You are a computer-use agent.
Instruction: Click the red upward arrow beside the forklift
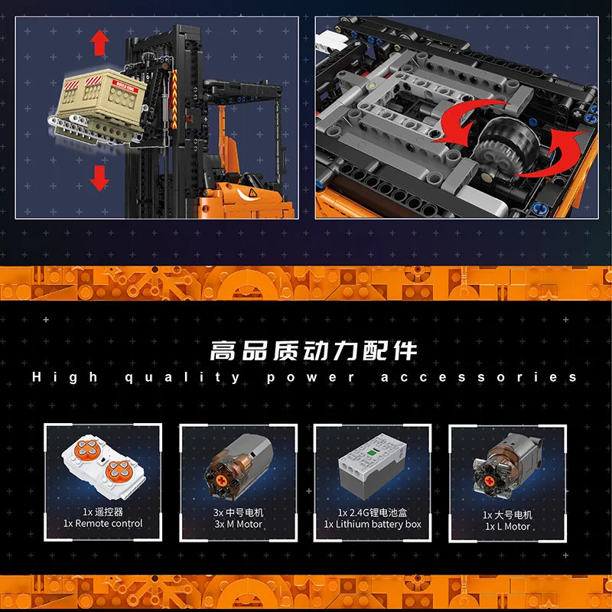point(99,43)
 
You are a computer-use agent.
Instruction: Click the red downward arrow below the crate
point(99,178)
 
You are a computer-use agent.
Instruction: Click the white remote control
point(103,469)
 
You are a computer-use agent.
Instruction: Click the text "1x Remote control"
point(103,524)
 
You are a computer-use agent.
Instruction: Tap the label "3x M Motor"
point(238,524)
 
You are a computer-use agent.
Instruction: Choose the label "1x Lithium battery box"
point(373,524)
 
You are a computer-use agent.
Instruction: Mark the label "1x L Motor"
point(506,526)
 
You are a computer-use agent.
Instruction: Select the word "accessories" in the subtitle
point(479,376)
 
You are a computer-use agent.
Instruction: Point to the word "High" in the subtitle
point(65,376)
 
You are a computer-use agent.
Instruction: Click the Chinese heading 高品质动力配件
point(314,351)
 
